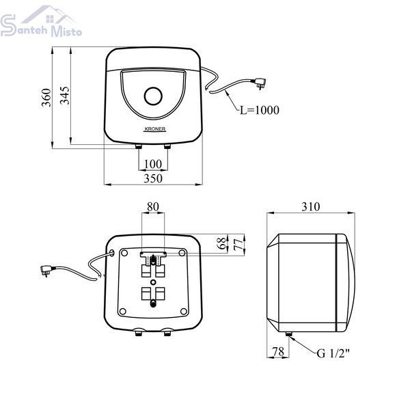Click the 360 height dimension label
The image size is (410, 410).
point(46,98)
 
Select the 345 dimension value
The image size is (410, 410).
point(65,96)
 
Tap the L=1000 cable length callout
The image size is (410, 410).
point(260,110)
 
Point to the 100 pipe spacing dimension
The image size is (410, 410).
point(153,164)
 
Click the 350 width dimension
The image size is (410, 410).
point(153,178)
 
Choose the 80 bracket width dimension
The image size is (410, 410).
point(152,206)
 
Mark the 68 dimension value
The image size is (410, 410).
point(221,243)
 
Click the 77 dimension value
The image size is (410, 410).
point(238,245)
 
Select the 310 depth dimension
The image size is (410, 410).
point(311,206)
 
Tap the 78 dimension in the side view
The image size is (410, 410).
point(278,352)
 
